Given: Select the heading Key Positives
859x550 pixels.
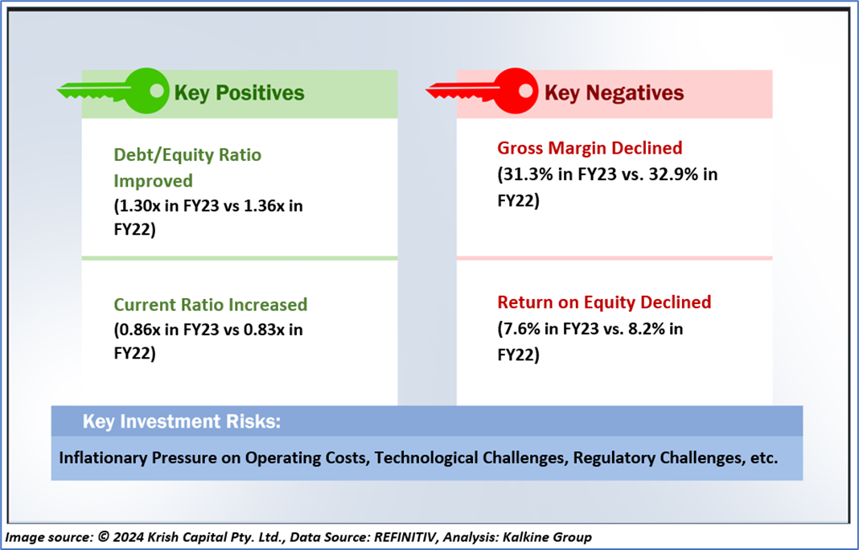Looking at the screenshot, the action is coord(240,92).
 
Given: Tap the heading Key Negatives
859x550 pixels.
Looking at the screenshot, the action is coord(614,92).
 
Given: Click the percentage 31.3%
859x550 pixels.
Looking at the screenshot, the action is coord(525,174).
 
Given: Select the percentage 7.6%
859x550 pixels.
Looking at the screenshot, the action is coord(520,329).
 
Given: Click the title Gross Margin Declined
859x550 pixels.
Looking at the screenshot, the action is coord(590,148).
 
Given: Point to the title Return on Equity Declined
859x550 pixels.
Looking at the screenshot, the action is coord(604,302).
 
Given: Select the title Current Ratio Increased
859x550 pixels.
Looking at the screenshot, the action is coord(211,305).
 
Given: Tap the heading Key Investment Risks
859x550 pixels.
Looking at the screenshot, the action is coord(181,421).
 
